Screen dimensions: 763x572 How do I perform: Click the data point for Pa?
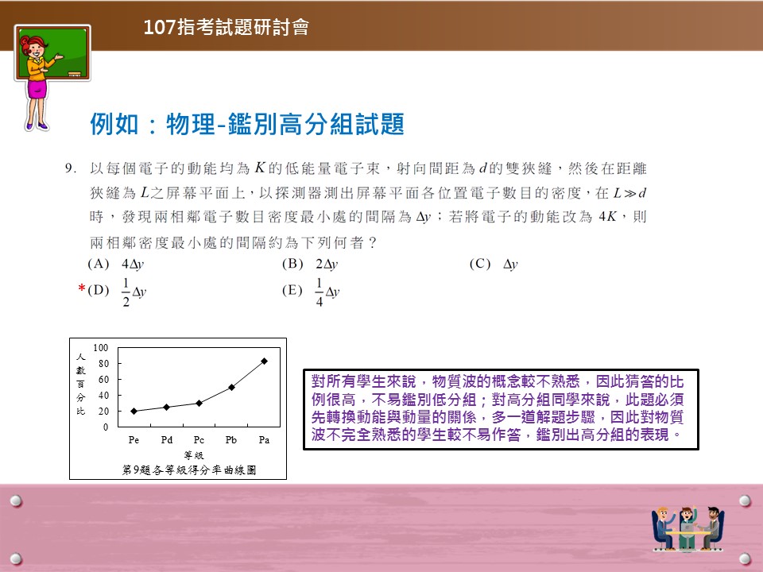click(264, 361)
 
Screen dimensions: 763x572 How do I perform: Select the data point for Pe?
click(134, 411)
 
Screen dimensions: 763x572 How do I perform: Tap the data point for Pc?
click(199, 404)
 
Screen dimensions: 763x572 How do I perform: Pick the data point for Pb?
click(231, 387)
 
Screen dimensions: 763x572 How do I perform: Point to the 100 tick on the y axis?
click(101, 348)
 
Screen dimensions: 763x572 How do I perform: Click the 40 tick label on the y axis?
click(103, 396)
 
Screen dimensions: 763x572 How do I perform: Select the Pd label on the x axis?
click(166, 439)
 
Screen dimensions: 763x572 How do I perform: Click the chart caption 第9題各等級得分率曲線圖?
click(189, 470)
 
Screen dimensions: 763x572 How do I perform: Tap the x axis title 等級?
click(194, 455)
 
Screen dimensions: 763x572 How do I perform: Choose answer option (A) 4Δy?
click(116, 264)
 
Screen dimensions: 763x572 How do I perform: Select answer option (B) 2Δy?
click(310, 264)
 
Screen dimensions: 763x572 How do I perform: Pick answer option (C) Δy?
click(494, 264)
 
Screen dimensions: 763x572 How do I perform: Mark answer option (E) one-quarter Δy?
click(311, 292)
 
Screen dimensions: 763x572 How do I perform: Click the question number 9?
click(71, 168)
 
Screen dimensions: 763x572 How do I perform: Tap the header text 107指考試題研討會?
click(227, 27)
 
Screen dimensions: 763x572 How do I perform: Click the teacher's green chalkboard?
click(52, 52)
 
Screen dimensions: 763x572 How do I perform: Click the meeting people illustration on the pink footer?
click(687, 528)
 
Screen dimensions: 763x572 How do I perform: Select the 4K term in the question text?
click(608, 216)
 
